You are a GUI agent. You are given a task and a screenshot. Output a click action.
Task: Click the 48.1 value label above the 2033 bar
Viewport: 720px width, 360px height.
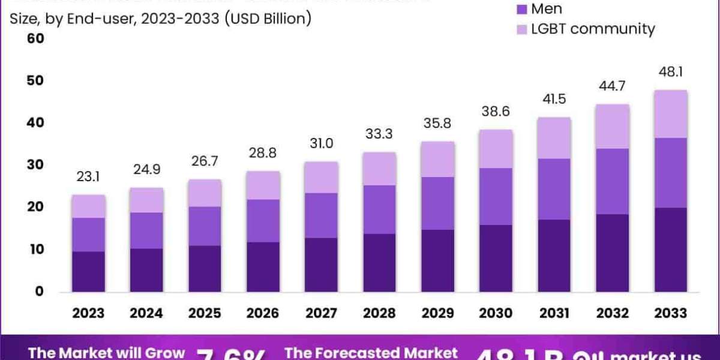tap(671, 73)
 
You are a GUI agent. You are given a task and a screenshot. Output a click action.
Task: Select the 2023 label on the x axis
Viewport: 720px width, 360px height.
tap(88, 313)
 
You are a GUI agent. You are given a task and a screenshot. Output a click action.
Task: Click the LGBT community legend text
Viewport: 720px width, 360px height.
tap(593, 28)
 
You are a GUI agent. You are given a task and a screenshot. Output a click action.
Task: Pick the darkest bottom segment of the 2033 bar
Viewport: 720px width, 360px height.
tap(671, 250)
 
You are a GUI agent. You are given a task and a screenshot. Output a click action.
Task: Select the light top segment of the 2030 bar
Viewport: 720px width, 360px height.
tap(496, 149)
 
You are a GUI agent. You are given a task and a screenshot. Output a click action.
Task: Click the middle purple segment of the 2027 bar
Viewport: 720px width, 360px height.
tap(322, 215)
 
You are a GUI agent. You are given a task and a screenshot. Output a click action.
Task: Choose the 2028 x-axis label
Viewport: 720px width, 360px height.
tap(380, 313)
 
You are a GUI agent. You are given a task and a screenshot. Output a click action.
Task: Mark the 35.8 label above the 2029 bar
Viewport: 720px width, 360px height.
tap(437, 124)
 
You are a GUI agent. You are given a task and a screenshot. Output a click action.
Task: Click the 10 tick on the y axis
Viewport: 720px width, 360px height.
tap(36, 249)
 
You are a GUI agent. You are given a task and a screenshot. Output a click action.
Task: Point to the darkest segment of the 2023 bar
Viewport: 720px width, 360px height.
tap(88, 271)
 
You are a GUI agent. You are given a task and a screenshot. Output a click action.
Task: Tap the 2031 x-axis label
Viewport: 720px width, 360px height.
tap(554, 313)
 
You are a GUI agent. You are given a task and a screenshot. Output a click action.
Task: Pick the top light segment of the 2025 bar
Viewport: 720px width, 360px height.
tap(205, 193)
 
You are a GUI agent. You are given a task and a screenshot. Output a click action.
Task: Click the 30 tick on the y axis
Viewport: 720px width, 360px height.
tap(36, 165)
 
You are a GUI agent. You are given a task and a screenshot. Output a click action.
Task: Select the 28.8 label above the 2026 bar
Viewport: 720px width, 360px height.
tap(263, 154)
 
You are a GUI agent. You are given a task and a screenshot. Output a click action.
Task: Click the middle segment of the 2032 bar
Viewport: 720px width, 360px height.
tap(612, 181)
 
